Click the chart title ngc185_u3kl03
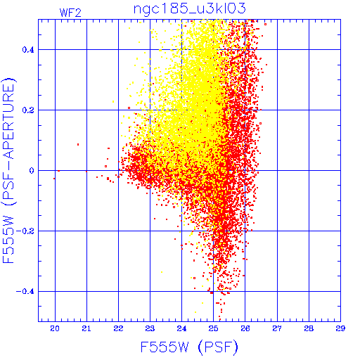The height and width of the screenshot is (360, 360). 189,9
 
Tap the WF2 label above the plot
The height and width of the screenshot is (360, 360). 70,13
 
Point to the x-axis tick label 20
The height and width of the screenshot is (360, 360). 55,328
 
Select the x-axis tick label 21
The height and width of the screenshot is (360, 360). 86,328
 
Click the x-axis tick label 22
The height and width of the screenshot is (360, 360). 118,328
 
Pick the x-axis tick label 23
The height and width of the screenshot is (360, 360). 150,328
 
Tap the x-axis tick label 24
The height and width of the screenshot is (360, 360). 181,328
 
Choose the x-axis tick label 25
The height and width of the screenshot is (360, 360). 213,328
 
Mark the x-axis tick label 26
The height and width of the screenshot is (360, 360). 245,328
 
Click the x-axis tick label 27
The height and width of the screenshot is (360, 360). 277,328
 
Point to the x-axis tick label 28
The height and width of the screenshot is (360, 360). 309,328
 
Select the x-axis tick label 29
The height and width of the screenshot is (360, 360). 340,328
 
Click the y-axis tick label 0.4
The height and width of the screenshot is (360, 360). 28,50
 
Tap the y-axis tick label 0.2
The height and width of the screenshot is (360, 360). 28,110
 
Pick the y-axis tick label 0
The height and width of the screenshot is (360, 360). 32,171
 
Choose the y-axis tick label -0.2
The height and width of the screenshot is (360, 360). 25,231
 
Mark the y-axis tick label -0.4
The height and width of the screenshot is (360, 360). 25,292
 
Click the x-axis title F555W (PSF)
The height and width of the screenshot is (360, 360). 189,347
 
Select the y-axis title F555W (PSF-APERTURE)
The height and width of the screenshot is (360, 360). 9,171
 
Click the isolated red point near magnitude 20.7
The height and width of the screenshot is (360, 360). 78,145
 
